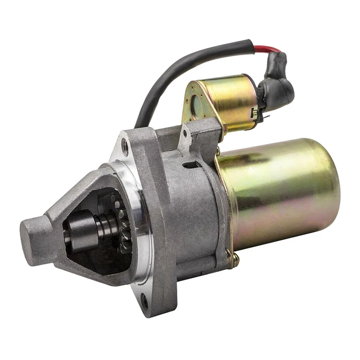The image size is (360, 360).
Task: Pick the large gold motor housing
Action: click(283, 193)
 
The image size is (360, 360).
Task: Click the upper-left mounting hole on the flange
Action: click(125, 146)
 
